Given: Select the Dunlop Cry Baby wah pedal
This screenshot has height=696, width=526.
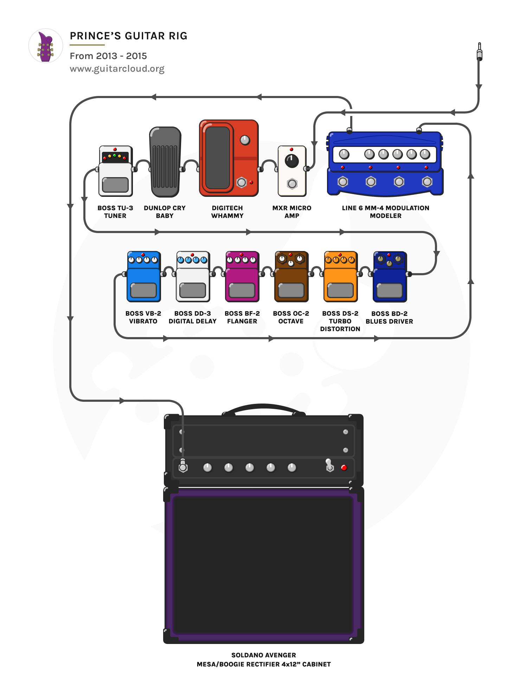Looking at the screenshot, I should [x=165, y=162].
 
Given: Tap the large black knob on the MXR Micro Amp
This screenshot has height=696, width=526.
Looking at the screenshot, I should [x=291, y=161].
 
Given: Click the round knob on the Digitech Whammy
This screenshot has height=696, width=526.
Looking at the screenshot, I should [x=245, y=140].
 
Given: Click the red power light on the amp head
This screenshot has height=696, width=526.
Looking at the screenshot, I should [x=344, y=468].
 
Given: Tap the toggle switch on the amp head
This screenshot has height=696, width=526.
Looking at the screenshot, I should [x=329, y=465].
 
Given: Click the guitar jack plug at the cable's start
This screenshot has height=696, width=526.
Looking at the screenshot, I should [x=479, y=52].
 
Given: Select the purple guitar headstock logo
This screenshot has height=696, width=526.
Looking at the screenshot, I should [x=46, y=46].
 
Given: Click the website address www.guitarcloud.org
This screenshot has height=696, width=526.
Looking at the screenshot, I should [x=117, y=69].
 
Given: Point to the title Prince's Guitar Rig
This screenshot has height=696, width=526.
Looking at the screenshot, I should [x=129, y=36].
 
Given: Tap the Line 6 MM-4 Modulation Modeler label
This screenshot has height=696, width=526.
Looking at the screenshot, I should [x=385, y=212].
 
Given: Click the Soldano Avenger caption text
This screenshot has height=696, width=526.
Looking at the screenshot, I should [x=263, y=655].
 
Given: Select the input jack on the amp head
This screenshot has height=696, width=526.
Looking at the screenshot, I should [x=183, y=467].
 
